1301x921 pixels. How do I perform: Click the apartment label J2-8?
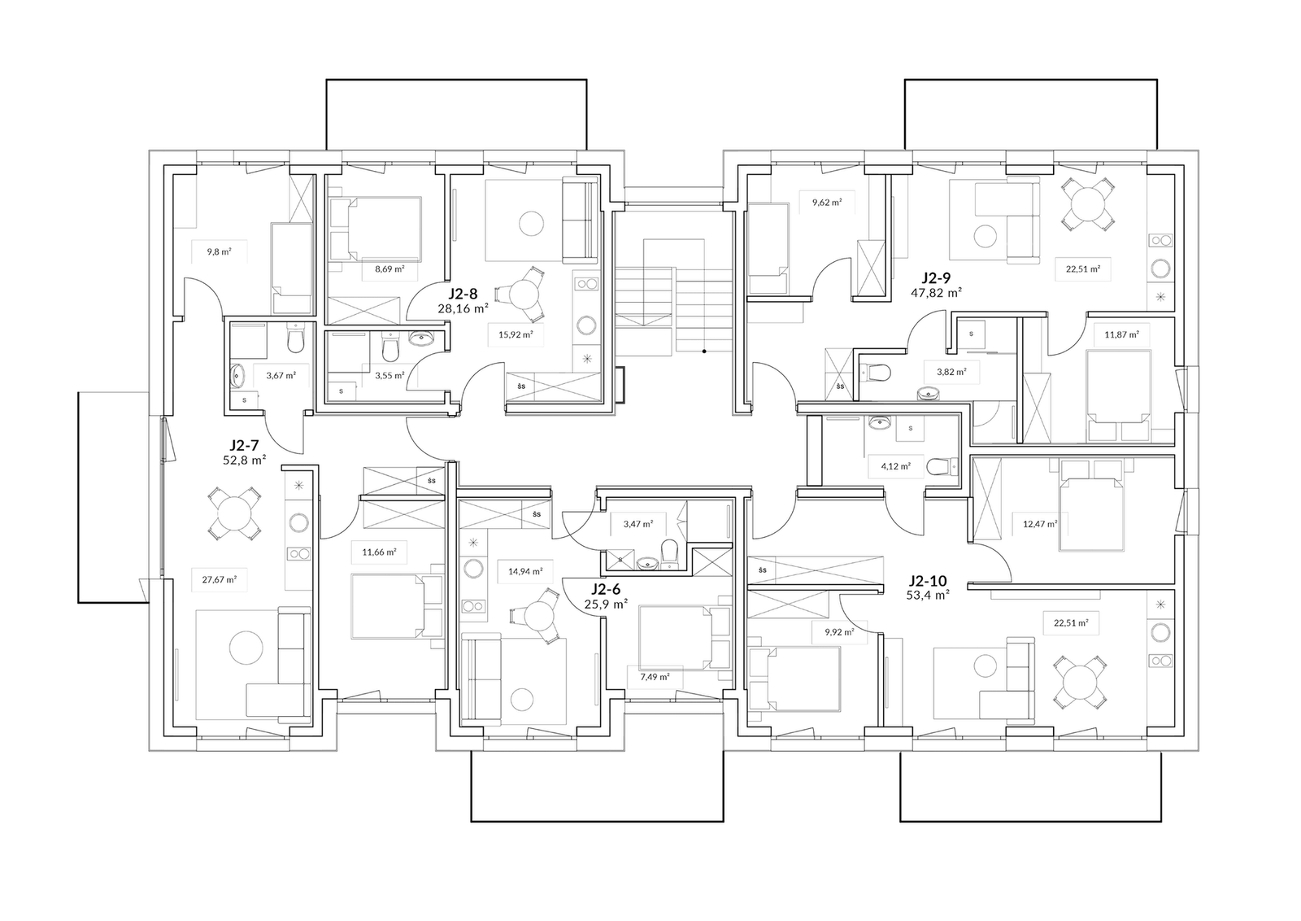pos(463,294)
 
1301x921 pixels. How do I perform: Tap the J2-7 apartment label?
pos(245,446)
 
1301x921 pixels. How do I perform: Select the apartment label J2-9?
pos(936,277)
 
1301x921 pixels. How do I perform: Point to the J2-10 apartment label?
pos(928,580)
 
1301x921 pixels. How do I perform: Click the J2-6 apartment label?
pos(606,590)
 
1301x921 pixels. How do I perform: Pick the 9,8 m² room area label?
pos(219,252)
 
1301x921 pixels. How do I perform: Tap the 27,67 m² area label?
pos(220,579)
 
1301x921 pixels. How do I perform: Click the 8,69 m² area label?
pos(389,269)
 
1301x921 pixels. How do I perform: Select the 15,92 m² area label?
pos(516,334)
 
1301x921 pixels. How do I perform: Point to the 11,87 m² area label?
pos(1121,334)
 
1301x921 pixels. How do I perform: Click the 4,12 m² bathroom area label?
pos(895,465)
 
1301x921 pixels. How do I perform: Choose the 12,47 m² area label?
pos(1040,523)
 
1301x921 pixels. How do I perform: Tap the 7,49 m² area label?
pos(655,676)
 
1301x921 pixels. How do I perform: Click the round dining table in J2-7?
pos(234,513)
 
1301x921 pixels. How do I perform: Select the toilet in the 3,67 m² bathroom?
pos(295,342)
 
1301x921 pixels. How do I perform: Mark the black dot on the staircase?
pos(704,351)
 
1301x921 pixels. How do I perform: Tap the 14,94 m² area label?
pos(525,571)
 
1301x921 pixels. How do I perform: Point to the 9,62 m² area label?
pos(827,203)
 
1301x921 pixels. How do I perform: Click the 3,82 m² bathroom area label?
pos(951,371)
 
